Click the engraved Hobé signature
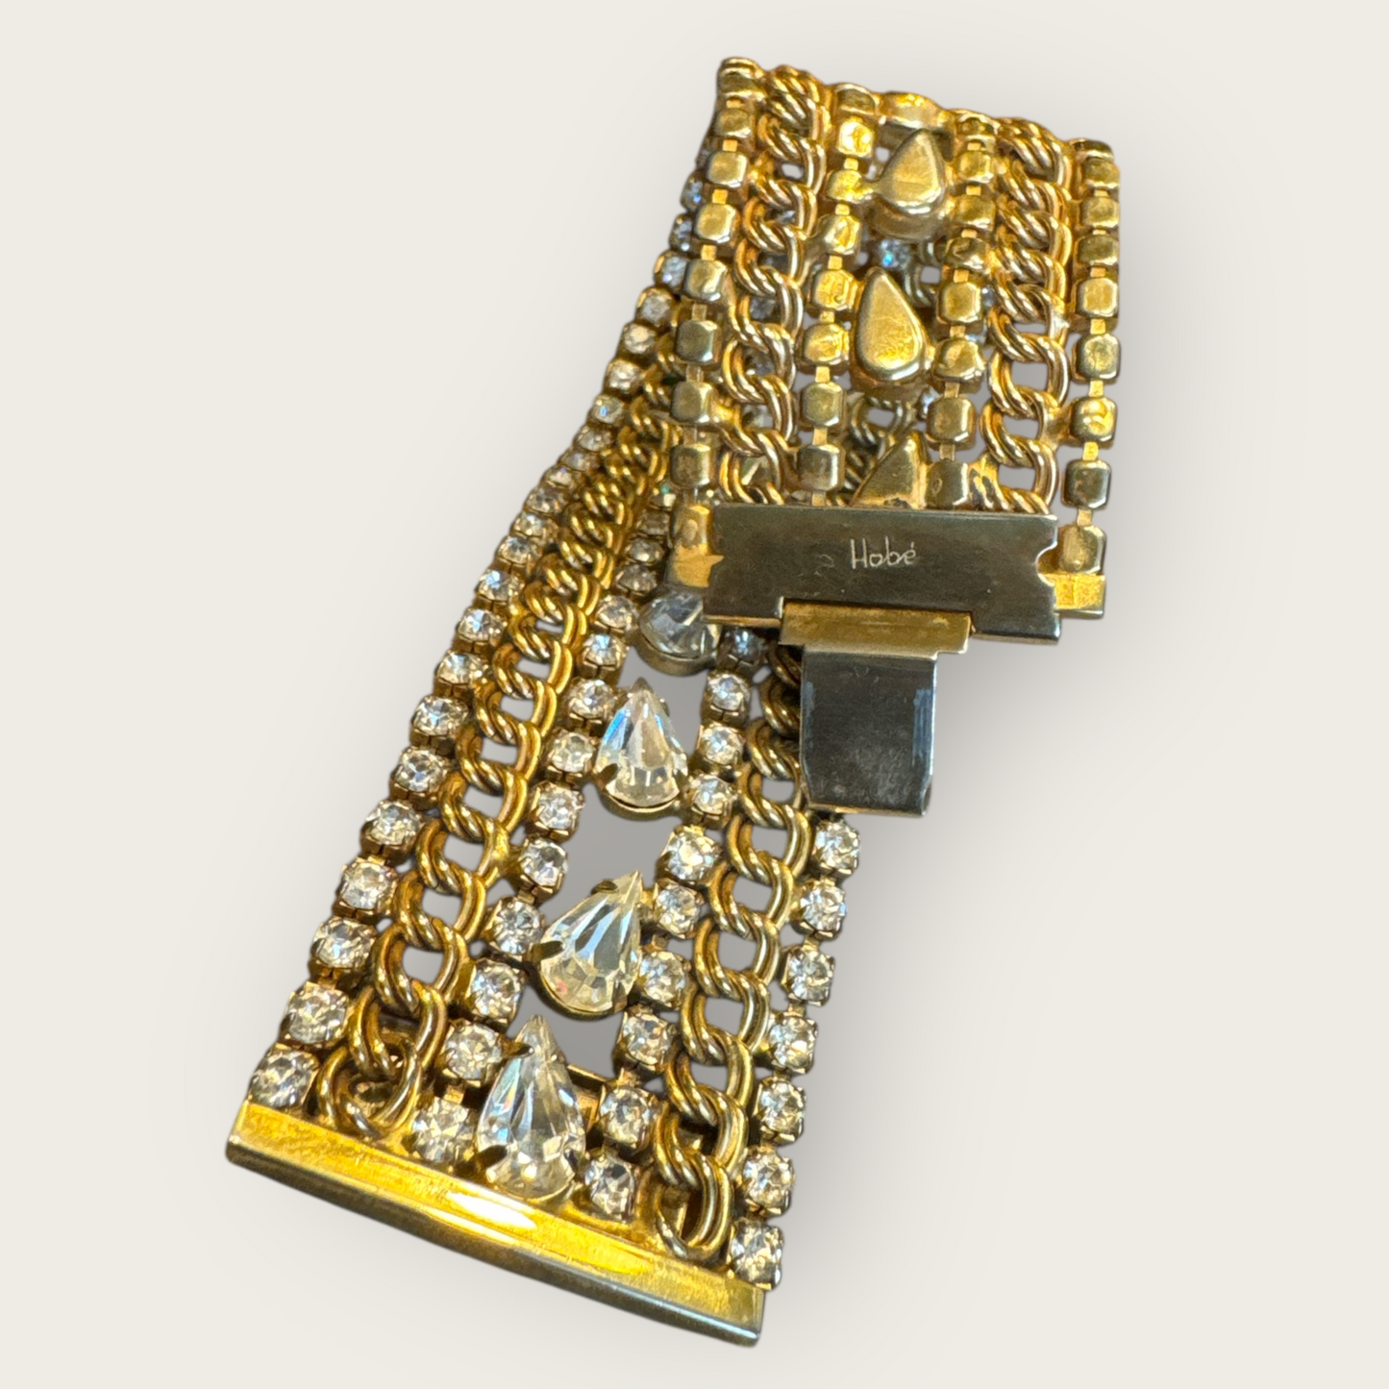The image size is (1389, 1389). coord(878,554)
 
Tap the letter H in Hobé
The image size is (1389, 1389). coord(856,554)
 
